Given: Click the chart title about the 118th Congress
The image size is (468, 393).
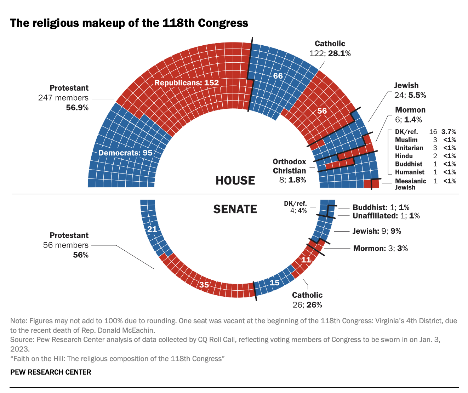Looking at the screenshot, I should coord(129,23).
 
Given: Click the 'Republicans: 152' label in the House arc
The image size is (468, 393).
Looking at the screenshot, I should coord(187,83).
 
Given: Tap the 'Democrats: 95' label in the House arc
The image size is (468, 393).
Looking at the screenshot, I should coord(125,153).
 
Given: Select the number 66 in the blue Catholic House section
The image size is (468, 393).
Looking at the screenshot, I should coord(278,76).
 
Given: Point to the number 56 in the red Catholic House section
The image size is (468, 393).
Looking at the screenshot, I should coord(322,111).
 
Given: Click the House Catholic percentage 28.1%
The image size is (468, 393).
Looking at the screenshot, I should coord(339,53).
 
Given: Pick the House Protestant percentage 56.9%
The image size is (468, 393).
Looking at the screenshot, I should coord(77,108).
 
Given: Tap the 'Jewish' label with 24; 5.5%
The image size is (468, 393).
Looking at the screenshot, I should coord(406,86).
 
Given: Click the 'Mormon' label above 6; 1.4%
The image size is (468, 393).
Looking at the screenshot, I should coord(410,110).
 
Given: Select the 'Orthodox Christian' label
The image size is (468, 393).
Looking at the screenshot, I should coord(289,166).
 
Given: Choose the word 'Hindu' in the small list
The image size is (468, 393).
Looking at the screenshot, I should coord(404,156).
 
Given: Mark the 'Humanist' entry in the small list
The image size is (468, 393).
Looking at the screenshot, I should coord(410,172).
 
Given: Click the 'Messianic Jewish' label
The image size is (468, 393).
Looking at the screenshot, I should coord(411,184).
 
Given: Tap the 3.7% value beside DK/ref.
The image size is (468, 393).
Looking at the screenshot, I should coord(449,132).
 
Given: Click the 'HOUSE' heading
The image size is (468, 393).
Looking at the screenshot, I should coord(235,181).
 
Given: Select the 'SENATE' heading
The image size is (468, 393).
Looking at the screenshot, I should coord(235,209).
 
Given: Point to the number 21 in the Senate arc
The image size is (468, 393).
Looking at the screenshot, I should coord(152,229).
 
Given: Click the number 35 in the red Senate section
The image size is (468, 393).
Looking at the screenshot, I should coord(204,285).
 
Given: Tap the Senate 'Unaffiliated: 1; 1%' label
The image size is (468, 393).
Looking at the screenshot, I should coord(386,216).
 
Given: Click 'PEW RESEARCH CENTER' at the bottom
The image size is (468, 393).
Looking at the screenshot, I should coord(51,372).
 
